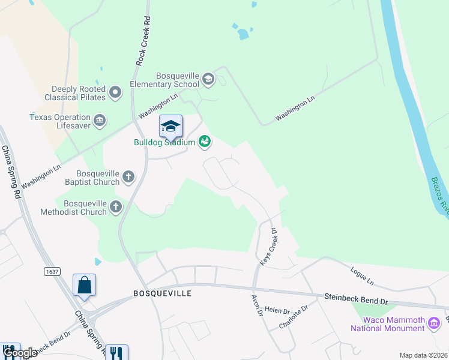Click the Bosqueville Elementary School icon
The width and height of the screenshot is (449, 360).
click(208, 78)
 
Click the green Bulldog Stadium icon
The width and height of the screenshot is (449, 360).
click(205, 142)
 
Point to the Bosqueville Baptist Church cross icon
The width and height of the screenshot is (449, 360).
click(128, 176)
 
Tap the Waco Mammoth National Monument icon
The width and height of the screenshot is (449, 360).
click(434, 325)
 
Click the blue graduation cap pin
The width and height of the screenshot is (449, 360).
click(170, 126)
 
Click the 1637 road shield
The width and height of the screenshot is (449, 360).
click(52, 272)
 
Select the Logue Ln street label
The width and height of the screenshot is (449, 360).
click(362, 278)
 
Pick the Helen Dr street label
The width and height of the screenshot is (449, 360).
click(277, 311)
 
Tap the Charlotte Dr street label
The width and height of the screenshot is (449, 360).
click(294, 317)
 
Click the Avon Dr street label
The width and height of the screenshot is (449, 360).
click(256, 305)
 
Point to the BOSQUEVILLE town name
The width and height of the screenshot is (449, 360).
click(162, 293)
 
